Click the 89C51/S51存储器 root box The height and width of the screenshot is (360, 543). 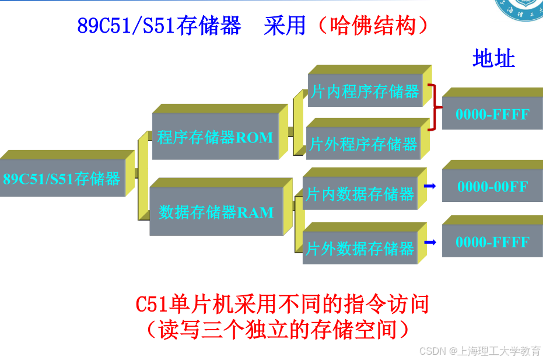(62, 178)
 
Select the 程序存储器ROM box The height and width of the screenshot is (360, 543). (215, 138)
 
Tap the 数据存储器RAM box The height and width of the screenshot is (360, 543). (216, 212)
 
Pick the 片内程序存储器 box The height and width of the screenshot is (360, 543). (365, 92)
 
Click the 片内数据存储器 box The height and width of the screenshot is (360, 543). (360, 194)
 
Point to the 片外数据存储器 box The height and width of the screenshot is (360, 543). (360, 248)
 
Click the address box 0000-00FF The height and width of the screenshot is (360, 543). (492, 187)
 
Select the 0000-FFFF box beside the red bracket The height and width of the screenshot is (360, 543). (492, 114)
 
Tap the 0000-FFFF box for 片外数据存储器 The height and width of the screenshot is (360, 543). (492, 242)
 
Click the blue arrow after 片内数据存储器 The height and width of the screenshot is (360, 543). (430, 186)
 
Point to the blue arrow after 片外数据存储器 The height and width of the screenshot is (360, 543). (430, 242)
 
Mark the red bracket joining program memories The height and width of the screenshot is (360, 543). (433, 107)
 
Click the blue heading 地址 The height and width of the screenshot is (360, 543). (493, 59)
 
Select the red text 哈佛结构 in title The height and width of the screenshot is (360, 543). (373, 26)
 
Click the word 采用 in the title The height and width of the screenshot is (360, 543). (285, 26)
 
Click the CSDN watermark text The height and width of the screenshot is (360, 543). (479, 351)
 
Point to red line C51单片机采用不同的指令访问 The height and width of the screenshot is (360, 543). (282, 305)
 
